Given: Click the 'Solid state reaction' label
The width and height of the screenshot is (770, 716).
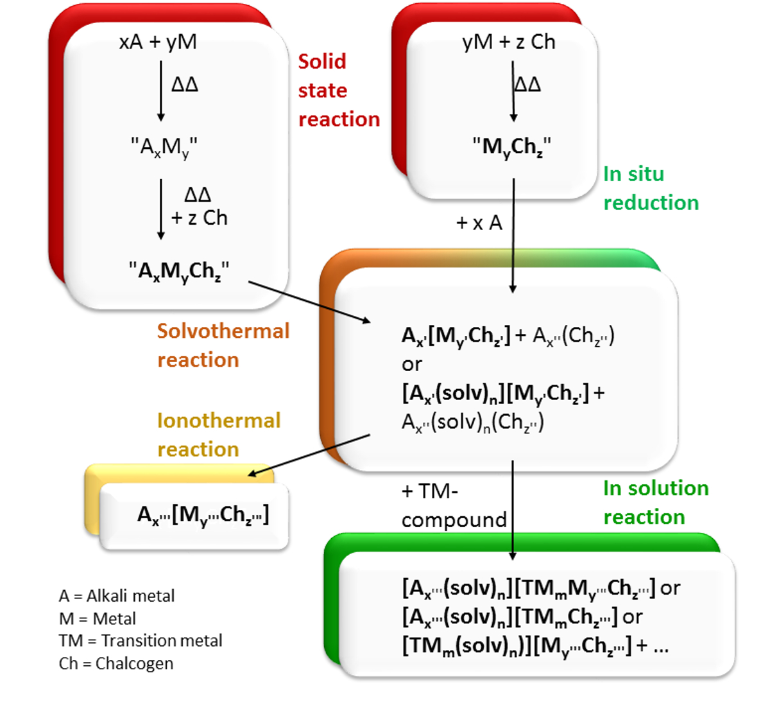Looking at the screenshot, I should (x=338, y=91).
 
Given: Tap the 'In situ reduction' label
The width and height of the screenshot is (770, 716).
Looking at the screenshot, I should (x=650, y=188).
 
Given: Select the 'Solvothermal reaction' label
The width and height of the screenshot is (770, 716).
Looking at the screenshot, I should (x=223, y=345).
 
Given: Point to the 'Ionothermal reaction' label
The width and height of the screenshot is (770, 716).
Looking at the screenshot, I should (x=219, y=435).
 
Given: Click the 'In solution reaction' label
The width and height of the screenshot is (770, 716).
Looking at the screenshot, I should (x=655, y=502).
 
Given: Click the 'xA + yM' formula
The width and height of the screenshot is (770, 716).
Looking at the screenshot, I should (x=158, y=42).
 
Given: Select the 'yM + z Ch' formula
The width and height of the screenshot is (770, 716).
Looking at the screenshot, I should (x=508, y=42).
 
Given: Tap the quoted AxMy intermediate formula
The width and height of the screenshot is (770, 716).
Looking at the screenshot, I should (x=164, y=148).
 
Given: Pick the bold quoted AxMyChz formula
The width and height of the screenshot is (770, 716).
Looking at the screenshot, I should (x=178, y=271).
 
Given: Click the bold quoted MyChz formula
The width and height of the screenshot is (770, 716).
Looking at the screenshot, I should (x=511, y=147).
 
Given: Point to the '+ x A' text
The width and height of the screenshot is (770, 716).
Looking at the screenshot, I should (x=479, y=223).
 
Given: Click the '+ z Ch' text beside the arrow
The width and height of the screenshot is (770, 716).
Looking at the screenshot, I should (x=199, y=218).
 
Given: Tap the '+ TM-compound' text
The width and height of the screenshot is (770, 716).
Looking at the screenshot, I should (x=453, y=505).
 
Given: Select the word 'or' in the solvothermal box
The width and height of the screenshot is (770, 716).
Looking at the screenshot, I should (x=412, y=364).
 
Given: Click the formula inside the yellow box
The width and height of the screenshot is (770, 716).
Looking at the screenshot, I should (x=203, y=515).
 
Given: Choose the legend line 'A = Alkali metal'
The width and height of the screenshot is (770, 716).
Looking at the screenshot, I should (x=116, y=596).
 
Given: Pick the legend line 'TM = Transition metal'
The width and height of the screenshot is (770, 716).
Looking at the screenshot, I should (x=140, y=641).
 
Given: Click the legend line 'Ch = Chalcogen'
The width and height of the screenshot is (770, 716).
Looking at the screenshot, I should (x=116, y=663).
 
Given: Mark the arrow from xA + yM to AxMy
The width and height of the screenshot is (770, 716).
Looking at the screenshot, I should (x=161, y=90).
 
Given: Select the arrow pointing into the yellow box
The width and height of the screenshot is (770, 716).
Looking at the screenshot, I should (x=309, y=455).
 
